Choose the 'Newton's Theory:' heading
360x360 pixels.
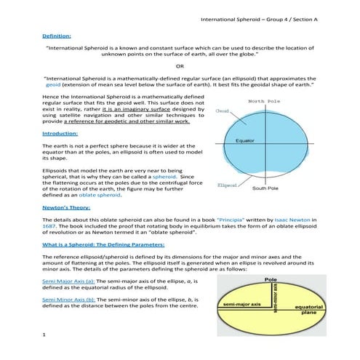click(67, 207)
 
